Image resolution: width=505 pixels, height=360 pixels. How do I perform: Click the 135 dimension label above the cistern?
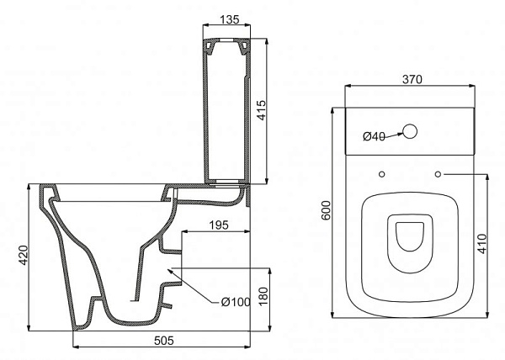(x=230, y=19)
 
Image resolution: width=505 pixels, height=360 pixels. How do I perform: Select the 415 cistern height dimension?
(x=262, y=110)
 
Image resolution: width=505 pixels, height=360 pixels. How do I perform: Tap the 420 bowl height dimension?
(x=24, y=255)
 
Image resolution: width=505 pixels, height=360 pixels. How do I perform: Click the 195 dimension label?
(x=219, y=225)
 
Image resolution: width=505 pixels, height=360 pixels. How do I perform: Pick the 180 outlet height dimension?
(x=263, y=297)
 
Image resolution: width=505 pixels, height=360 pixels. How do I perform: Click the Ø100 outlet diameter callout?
(x=236, y=302)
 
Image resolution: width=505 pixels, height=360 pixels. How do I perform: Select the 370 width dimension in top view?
(x=412, y=79)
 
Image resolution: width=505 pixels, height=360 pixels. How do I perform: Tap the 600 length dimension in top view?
(x=326, y=210)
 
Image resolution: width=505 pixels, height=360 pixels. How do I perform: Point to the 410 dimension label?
(x=481, y=244)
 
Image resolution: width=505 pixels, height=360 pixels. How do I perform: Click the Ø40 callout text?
(x=374, y=136)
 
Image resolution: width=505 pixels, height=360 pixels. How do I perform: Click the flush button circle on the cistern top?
(x=410, y=131)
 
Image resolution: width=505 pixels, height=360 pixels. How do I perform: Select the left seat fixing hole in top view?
(x=381, y=174)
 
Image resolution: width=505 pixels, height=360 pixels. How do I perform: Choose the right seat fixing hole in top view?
(x=438, y=174)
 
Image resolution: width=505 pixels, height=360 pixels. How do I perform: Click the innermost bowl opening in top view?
(x=410, y=236)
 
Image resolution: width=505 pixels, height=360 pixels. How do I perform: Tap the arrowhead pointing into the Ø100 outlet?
(x=170, y=271)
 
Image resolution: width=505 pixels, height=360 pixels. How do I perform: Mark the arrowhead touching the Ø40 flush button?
(x=400, y=134)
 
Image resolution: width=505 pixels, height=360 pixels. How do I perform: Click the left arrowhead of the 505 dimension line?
(x=77, y=347)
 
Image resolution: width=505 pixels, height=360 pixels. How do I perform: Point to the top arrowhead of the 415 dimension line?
(x=266, y=42)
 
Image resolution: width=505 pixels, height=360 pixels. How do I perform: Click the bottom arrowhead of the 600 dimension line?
(x=332, y=315)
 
